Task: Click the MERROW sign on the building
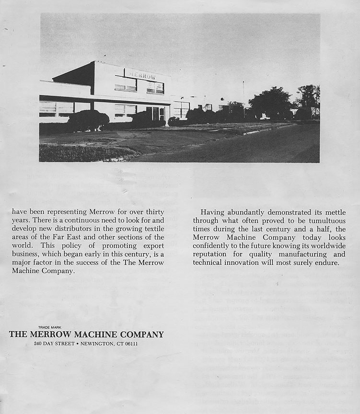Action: [x=142, y=75]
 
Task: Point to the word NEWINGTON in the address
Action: [x=98, y=344]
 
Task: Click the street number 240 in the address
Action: [x=38, y=344]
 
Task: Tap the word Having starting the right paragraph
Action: [x=212, y=212]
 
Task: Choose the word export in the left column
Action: [x=151, y=246]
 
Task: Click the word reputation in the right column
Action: [x=212, y=254]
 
